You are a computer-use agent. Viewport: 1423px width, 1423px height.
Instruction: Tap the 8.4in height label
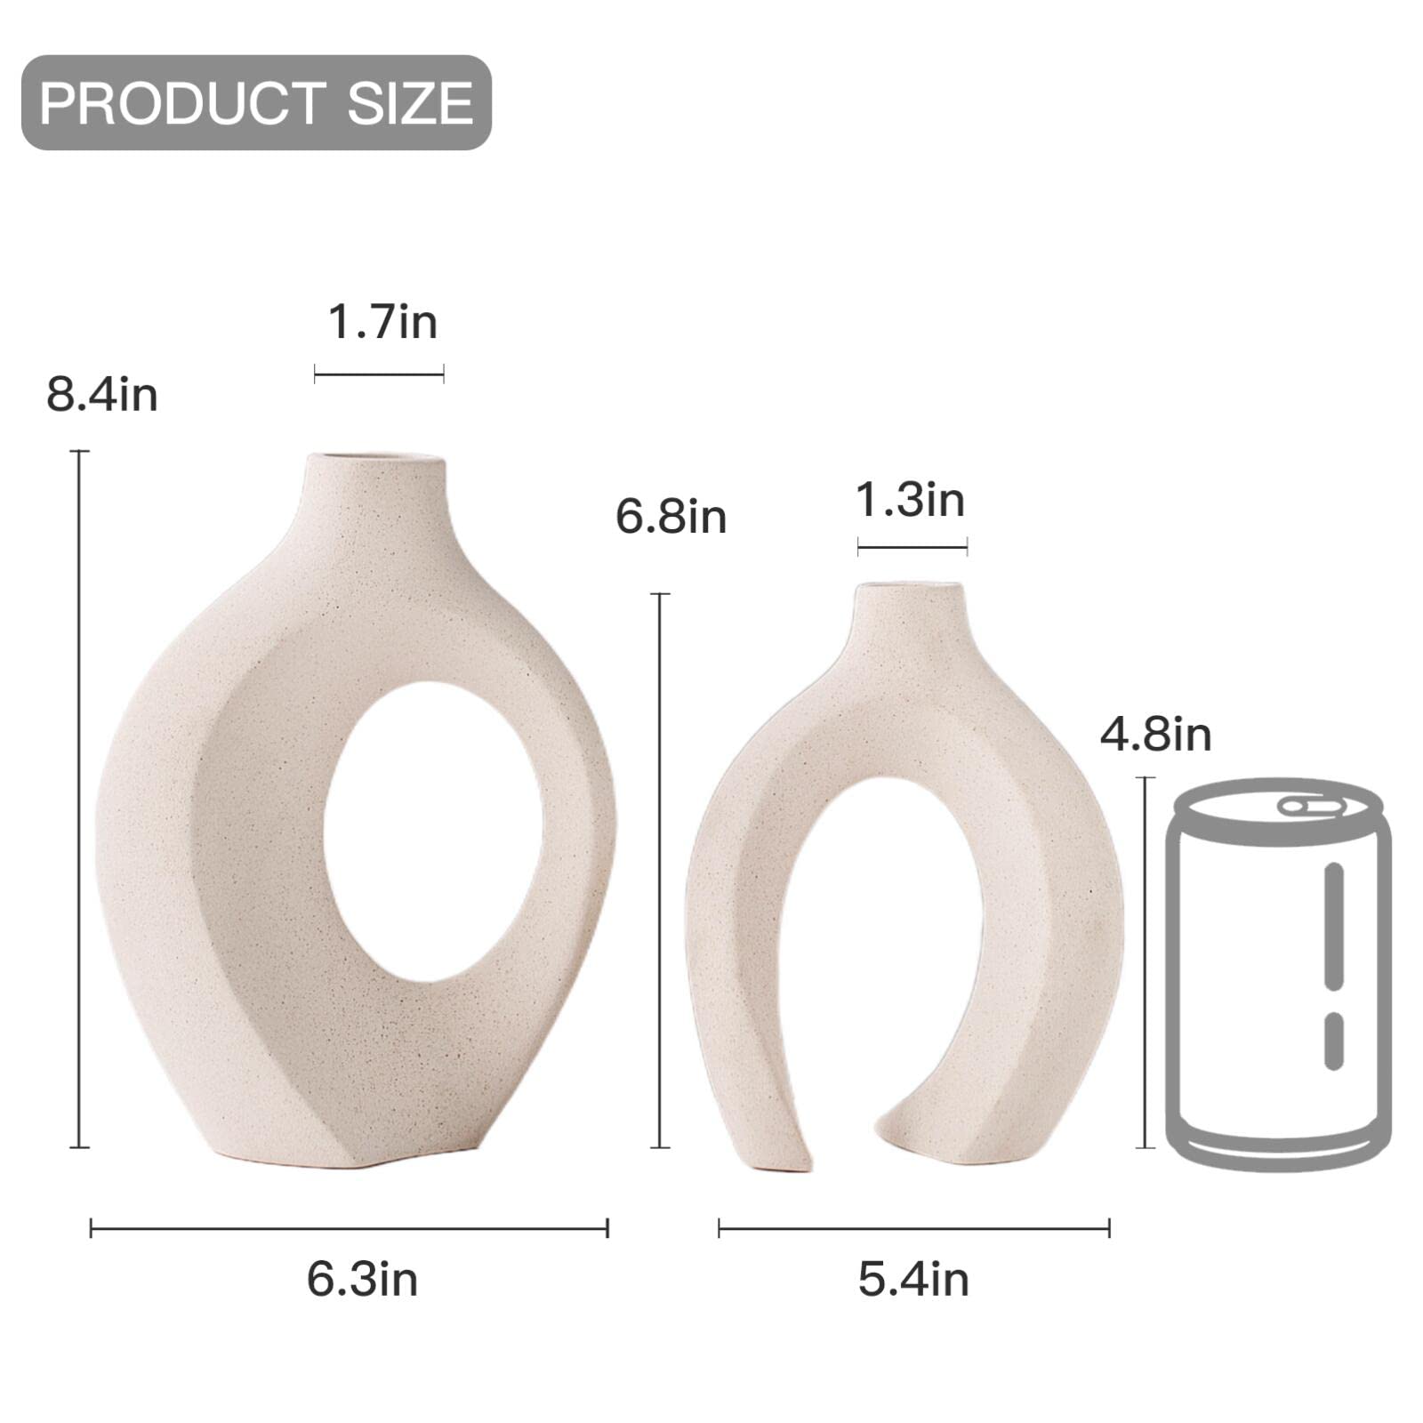[x=102, y=394]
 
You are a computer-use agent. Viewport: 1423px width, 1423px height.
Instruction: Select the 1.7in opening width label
[x=382, y=322]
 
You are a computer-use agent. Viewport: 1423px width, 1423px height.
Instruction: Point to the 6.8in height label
[x=671, y=517]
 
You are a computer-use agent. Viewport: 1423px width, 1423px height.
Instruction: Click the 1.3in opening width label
[x=910, y=500]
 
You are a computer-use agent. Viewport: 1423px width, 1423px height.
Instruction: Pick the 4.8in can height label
[x=1155, y=735]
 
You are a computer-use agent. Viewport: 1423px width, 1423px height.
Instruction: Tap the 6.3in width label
[x=362, y=1280]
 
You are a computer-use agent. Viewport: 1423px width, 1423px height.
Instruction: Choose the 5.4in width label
[x=913, y=1280]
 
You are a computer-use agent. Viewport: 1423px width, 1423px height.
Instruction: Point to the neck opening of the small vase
[x=909, y=588]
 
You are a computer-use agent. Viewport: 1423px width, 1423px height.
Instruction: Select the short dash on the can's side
[x=1333, y=1041]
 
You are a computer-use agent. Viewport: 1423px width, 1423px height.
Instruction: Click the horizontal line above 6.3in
[x=349, y=1229]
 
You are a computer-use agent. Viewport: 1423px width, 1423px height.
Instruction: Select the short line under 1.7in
[x=379, y=375]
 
